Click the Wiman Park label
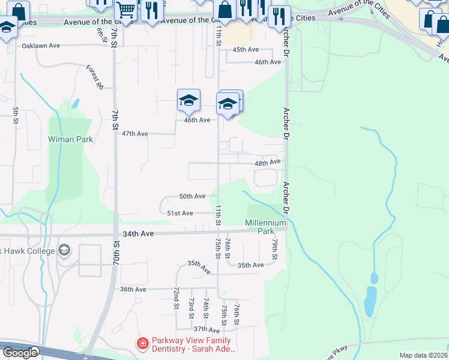(70, 139)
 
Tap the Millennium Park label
(265, 227)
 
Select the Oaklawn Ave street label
(41, 46)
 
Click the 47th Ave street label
(134, 134)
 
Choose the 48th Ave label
(267, 163)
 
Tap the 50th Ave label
(192, 196)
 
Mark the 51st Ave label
(179, 213)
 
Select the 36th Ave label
(133, 289)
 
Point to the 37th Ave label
(206, 329)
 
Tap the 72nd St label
(177, 298)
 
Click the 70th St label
(116, 254)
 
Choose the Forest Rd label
(94, 77)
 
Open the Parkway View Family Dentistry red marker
(142, 344)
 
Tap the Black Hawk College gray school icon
(64, 250)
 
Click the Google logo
(20, 352)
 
